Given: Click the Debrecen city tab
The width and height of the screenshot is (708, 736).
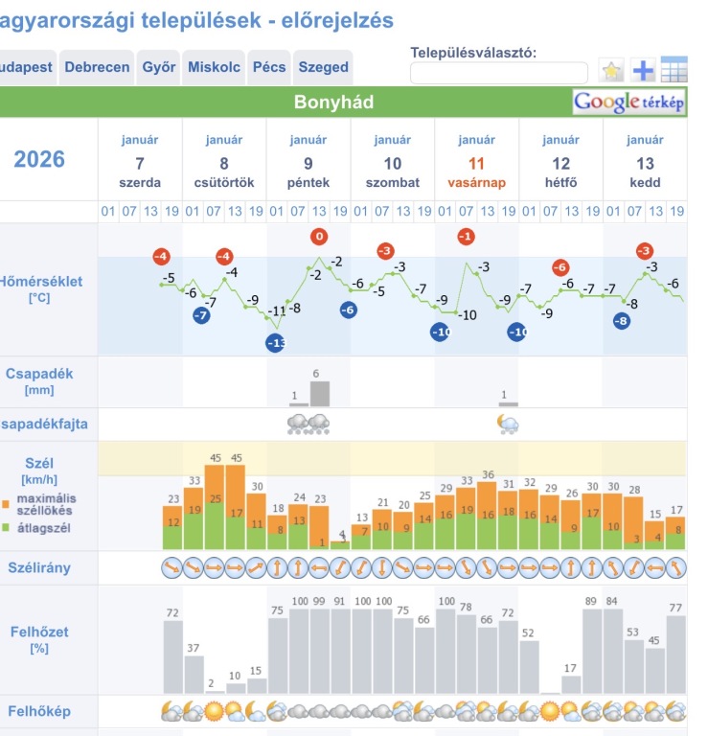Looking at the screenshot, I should (97, 68).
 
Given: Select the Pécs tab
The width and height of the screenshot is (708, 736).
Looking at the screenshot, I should (269, 68).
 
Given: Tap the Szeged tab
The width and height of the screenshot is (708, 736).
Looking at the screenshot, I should (323, 68).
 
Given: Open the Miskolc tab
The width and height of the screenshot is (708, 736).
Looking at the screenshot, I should (214, 68).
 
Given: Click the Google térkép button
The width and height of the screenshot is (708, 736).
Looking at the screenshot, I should (629, 102).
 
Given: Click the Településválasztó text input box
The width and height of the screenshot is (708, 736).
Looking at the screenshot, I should (498, 73).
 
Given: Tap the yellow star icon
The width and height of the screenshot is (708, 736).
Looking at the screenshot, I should (611, 70).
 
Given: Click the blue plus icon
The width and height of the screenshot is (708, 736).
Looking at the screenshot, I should (643, 70).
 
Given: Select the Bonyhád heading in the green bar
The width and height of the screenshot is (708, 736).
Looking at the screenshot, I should (333, 102).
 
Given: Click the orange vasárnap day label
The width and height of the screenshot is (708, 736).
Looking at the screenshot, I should (476, 182).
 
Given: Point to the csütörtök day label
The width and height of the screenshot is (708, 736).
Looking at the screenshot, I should (224, 182).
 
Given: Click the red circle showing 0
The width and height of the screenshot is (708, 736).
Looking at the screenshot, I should (319, 237).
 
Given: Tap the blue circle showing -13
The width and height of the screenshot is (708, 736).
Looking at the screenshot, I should (276, 343).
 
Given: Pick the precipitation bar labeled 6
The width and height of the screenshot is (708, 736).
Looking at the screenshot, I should (319, 393).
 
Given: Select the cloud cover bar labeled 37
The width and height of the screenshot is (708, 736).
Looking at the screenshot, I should (194, 674).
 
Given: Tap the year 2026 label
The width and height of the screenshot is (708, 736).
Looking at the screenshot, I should (39, 159).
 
